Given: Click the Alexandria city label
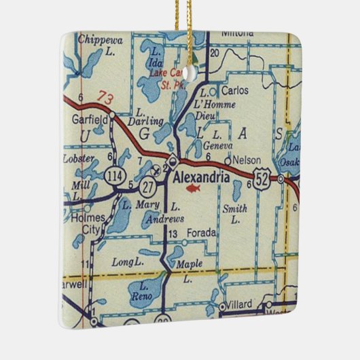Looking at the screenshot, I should tap(201, 176).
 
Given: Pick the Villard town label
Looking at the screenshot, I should tap(240, 306).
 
